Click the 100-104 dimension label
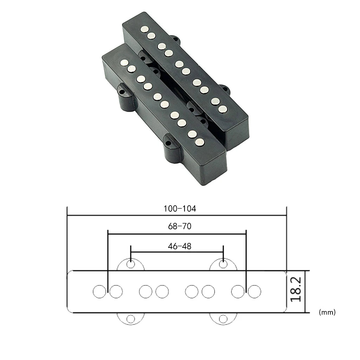pyautogui.click(x=180, y=208)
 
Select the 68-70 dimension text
pyautogui.click(x=180, y=226)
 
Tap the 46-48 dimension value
pyautogui.click(x=180, y=246)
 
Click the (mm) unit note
pyautogui.click(x=327, y=312)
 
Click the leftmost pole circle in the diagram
pyautogui.click(x=99, y=291)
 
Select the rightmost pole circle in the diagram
pyautogui.click(x=254, y=291)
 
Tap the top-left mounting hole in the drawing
pyautogui.click(x=131, y=263)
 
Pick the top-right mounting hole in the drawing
pyautogui.click(x=223, y=263)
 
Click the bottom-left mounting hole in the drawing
pyautogui.click(x=131, y=319)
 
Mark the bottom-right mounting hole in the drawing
pyautogui.click(x=223, y=319)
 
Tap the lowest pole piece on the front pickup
pyautogui.click(x=200, y=142)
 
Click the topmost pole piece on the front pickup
pyautogui.click(x=124, y=63)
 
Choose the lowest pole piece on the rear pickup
pyautogui.click(x=222, y=109)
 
